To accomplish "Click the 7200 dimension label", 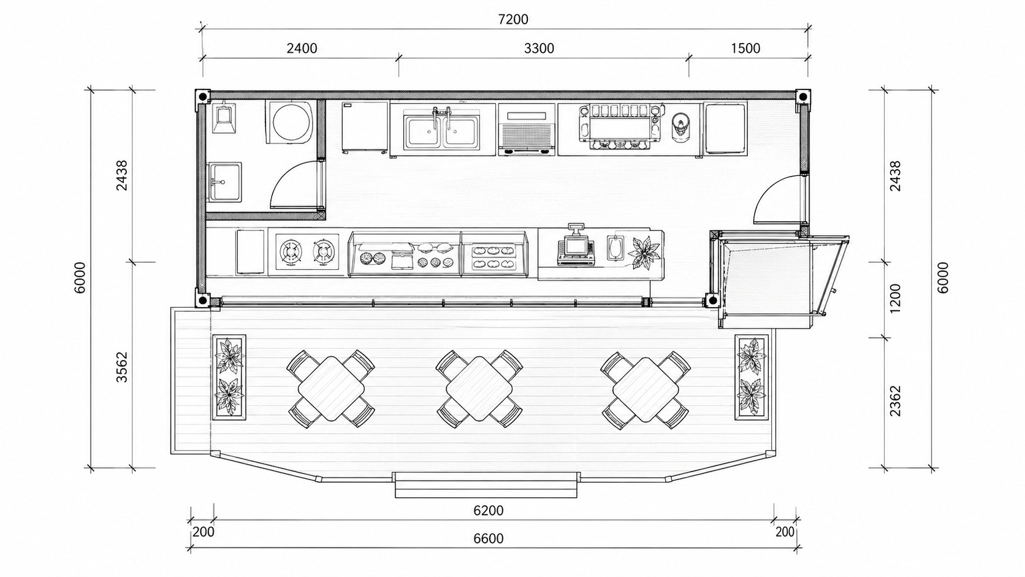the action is pos(513,19).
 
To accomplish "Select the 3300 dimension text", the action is pos(539,48).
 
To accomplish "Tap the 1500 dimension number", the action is pos(745,48).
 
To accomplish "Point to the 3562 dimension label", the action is pos(122,367).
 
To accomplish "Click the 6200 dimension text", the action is pos(488,511).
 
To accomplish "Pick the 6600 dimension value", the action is pos(488,538).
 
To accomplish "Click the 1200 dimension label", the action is pos(895,299).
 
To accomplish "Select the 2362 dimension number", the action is pos(895,401).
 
